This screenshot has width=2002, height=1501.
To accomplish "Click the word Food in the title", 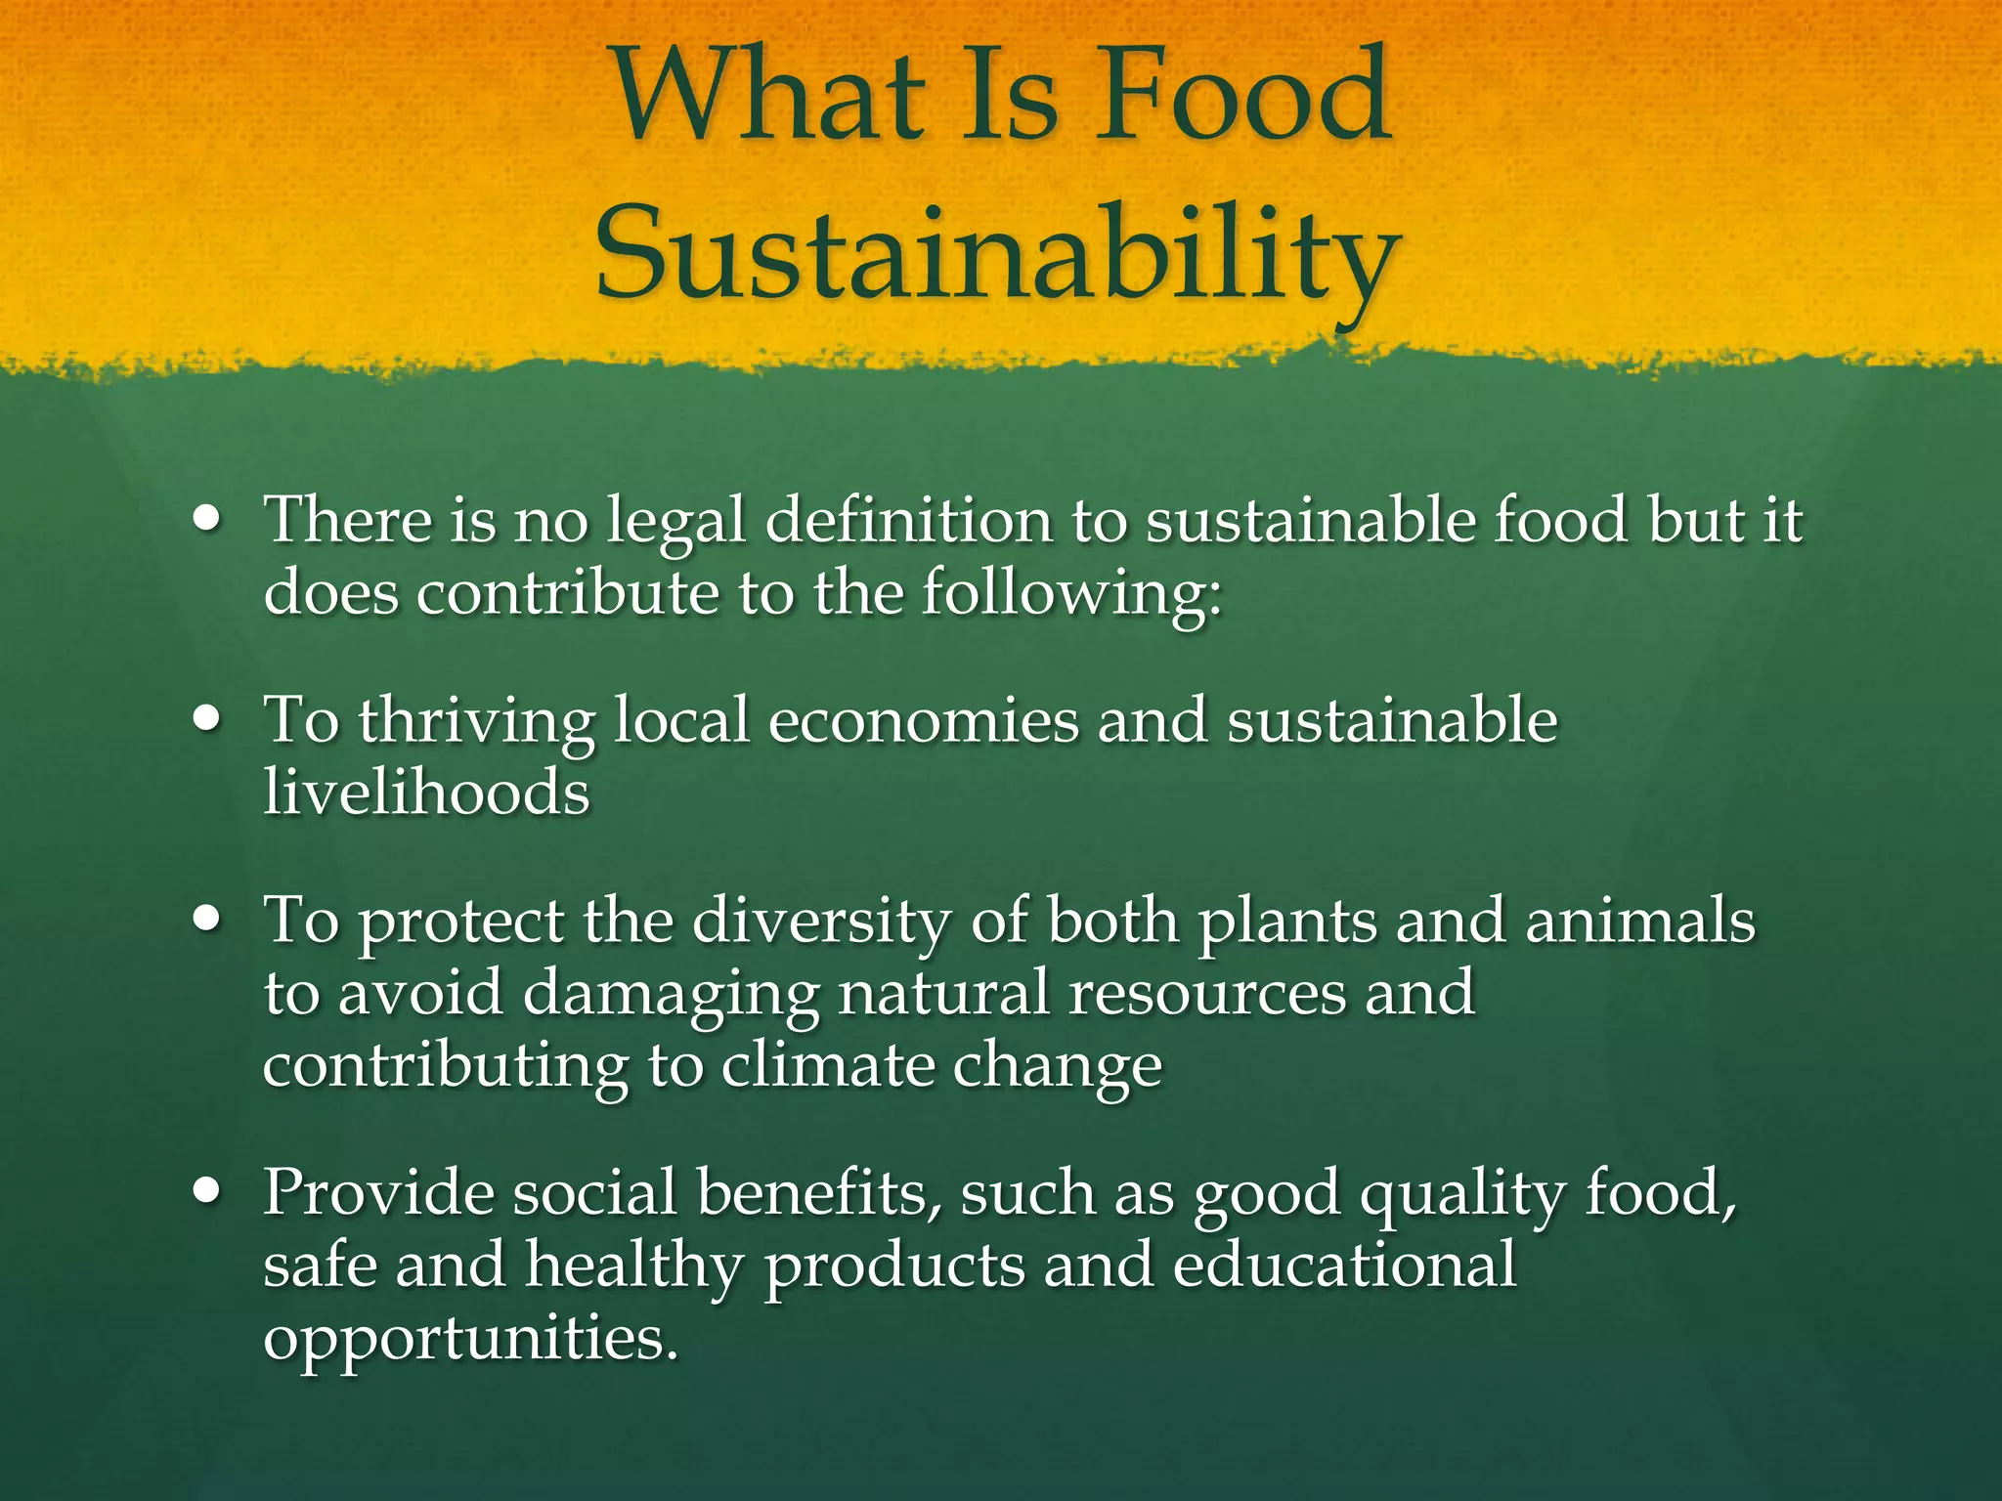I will pyautogui.click(x=1240, y=98).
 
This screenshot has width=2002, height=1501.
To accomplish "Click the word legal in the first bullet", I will pyautogui.click(x=675, y=521).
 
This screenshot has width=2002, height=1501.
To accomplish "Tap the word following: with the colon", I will pyautogui.click(x=1071, y=593).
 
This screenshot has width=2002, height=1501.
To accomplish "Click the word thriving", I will pyautogui.click(x=476, y=721).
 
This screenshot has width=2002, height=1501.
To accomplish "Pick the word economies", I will pyautogui.click(x=924, y=720).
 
